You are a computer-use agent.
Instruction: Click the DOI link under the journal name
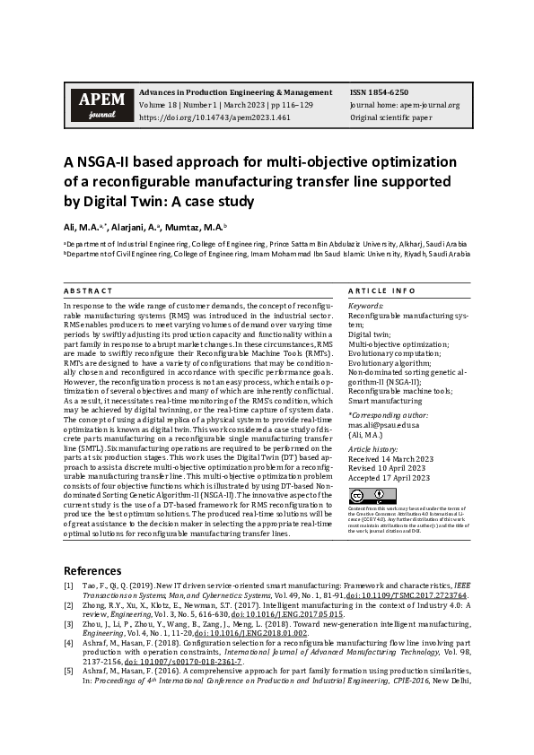[214, 117]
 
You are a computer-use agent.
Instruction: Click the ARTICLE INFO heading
[381, 291]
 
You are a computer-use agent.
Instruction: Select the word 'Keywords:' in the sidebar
[365, 307]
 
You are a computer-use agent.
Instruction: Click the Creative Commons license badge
[360, 496]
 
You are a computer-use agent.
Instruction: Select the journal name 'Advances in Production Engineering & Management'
[235, 92]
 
